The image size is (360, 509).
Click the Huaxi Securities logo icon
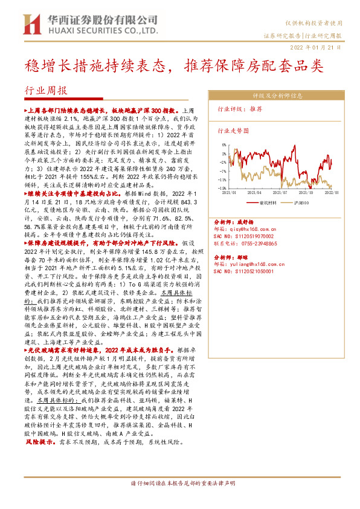pyautogui.click(x=30, y=22)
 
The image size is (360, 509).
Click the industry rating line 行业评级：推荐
pyautogui.click(x=240, y=109)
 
